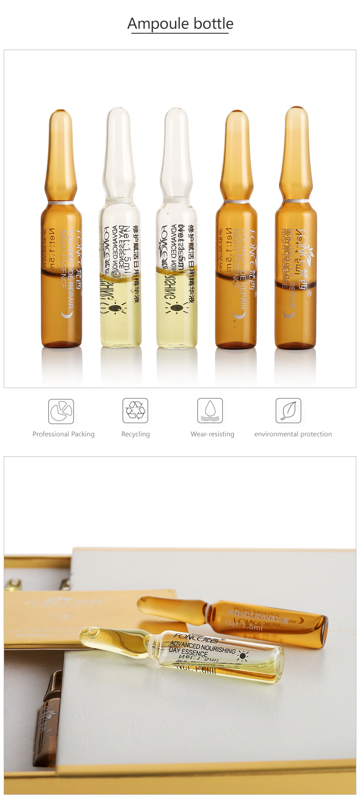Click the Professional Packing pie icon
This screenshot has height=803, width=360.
click(x=61, y=411)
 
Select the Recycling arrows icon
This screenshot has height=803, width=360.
click(x=135, y=410)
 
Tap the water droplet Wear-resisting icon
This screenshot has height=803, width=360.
click(x=210, y=410)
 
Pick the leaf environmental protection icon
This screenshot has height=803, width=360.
click(x=288, y=410)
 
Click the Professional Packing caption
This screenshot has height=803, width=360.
click(x=63, y=434)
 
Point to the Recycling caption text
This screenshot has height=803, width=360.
click(x=135, y=434)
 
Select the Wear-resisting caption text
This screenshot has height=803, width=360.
click(x=212, y=434)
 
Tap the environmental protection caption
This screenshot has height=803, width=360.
click(x=293, y=434)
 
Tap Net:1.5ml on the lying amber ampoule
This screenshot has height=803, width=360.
click(x=244, y=626)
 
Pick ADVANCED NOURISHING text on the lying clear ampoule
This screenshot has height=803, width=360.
click(x=202, y=647)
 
